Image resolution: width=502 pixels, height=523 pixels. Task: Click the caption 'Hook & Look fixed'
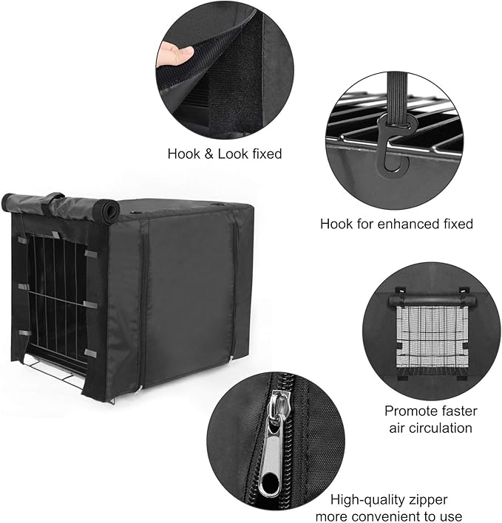(225, 154)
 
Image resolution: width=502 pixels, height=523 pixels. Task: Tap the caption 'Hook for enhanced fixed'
(396, 223)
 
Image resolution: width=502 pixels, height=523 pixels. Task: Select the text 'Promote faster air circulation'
(431, 419)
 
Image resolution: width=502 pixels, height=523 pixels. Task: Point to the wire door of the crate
(55, 295)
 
